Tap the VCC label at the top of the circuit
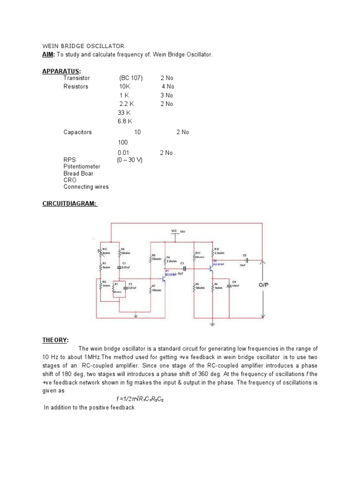173,231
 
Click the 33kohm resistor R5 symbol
150,258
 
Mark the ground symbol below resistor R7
136,316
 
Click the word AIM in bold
48,55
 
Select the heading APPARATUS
58,71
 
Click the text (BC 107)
131,78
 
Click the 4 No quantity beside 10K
168,87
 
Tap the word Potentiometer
82,166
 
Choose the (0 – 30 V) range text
130,160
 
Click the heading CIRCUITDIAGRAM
69,203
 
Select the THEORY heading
55,340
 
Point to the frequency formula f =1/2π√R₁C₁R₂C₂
140,398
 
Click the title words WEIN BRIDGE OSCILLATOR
83,46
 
